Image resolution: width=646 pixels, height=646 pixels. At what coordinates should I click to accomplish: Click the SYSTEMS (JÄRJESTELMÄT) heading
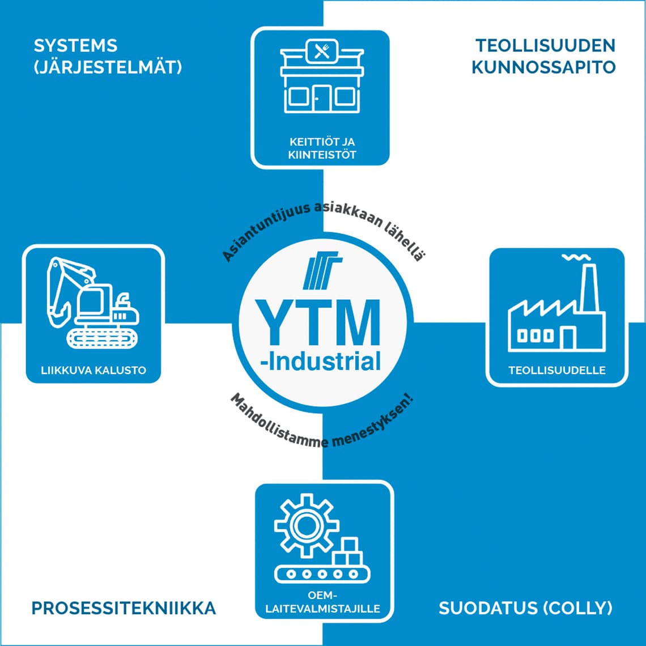pos(108,57)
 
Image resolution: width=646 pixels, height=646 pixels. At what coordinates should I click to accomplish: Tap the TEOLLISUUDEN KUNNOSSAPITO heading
pos(543,57)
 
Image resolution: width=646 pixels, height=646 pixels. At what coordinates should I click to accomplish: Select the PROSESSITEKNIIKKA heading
pos(124,609)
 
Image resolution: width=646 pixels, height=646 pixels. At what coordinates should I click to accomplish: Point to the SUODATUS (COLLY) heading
pos(525,609)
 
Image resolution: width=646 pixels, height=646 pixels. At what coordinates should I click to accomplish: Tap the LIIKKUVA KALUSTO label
pos(93,371)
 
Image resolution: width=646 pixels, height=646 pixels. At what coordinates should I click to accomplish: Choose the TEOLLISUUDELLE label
pos(557,371)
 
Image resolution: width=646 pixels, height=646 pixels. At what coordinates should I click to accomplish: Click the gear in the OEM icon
pos(306,525)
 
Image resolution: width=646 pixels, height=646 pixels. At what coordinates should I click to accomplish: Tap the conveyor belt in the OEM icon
pos(322,573)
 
